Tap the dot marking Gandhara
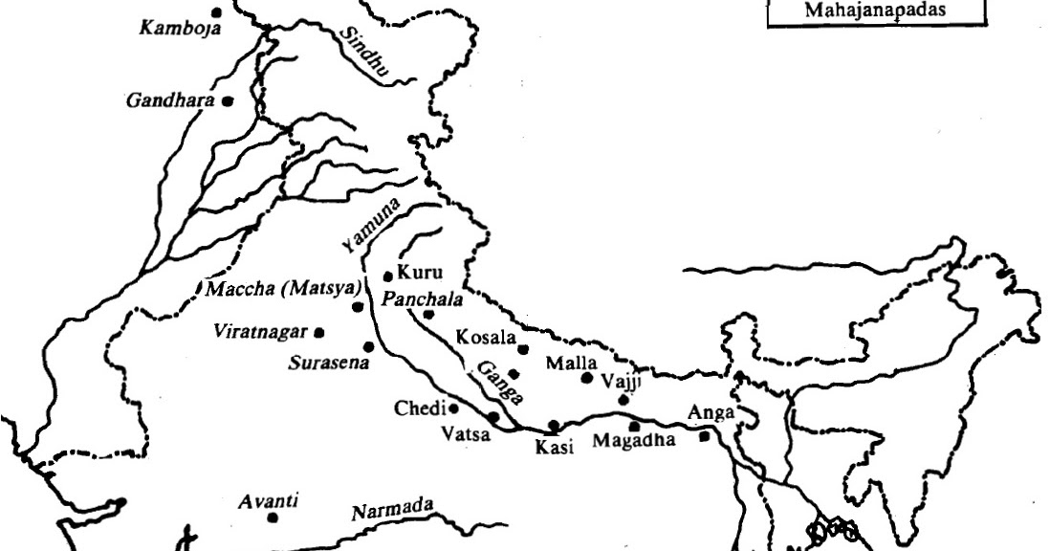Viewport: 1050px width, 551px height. click(229, 99)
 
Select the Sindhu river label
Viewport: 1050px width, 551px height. click(362, 51)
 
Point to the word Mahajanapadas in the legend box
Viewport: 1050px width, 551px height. click(875, 11)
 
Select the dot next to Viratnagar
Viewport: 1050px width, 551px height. click(319, 333)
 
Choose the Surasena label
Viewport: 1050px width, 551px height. click(329, 364)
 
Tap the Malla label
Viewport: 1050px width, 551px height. click(571, 364)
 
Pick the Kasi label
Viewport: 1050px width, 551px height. click(554, 447)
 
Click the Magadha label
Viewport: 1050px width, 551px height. click(634, 441)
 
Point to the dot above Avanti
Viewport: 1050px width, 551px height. click(273, 518)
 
